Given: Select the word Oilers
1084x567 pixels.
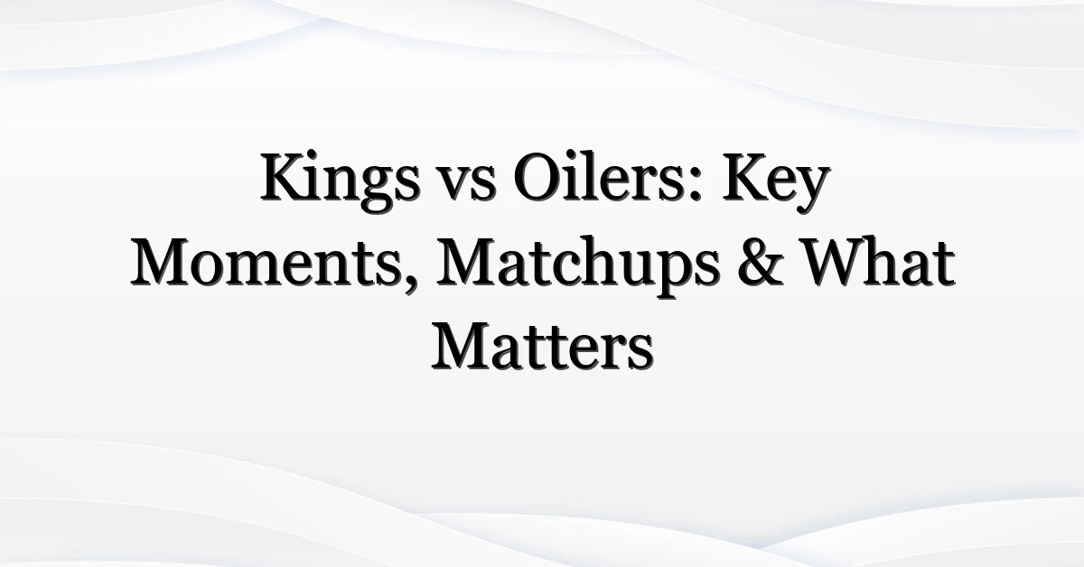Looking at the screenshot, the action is (x=600, y=177).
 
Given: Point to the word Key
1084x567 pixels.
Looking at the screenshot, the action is (x=777, y=182).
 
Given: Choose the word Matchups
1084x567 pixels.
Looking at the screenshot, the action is (x=578, y=267).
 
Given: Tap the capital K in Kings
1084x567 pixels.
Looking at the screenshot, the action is (x=288, y=177).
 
